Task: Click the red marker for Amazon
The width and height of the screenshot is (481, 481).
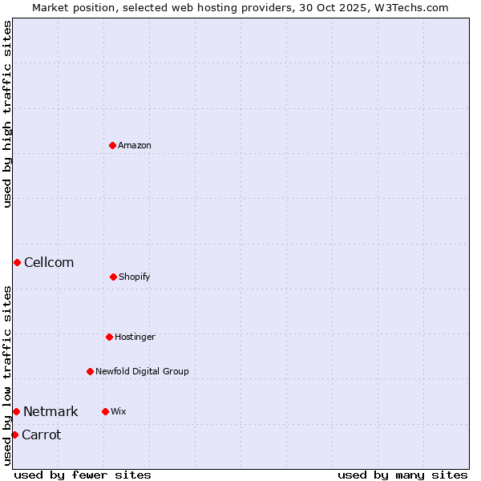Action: [112, 145]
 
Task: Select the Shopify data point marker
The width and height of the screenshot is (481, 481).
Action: [113, 277]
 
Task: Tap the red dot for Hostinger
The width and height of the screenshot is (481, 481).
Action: [109, 337]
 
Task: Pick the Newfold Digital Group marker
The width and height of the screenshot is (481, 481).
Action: [90, 371]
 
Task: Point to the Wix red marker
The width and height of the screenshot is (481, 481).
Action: [105, 411]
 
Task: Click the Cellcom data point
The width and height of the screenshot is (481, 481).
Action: [17, 262]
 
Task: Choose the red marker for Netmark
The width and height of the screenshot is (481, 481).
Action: [16, 411]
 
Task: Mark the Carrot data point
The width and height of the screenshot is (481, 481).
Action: [14, 435]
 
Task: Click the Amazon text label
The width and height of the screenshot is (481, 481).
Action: [135, 146]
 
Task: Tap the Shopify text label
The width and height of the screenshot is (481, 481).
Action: [135, 277]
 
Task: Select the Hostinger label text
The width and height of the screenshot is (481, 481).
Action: [135, 338]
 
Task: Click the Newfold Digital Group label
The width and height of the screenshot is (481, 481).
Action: [142, 372]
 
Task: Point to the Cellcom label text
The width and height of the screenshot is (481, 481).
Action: [49, 263]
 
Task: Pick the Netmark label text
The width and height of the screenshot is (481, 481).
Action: [51, 412]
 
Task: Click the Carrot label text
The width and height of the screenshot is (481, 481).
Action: [41, 435]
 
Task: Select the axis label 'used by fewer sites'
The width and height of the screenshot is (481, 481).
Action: [83, 475]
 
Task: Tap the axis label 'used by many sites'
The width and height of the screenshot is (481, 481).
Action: [402, 475]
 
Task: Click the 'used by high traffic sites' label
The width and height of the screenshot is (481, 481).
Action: [7, 114]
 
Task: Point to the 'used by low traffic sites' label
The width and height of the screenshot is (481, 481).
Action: [7, 375]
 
